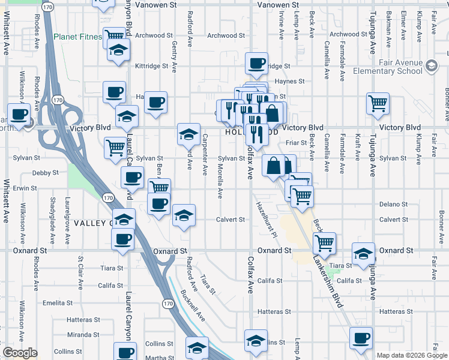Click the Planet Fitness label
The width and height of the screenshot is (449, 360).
coord(77,37)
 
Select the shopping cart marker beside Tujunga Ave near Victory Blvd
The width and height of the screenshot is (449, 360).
coord(378,103)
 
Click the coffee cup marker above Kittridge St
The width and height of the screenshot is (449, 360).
coord(256,63)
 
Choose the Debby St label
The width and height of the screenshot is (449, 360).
coord(46,173)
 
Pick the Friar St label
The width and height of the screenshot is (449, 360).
coord(296,143)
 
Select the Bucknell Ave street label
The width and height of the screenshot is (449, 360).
coord(192,305)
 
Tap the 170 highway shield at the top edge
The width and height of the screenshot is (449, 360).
coord(49,7)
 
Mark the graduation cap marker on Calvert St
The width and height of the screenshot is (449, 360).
coord(184,215)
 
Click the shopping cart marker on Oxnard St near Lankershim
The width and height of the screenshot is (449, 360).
coord(324,243)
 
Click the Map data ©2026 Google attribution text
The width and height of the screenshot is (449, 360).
coord(411,355)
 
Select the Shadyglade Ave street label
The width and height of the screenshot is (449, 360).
coord(53,213)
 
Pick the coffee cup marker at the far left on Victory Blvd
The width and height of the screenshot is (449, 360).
coord(18,114)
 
